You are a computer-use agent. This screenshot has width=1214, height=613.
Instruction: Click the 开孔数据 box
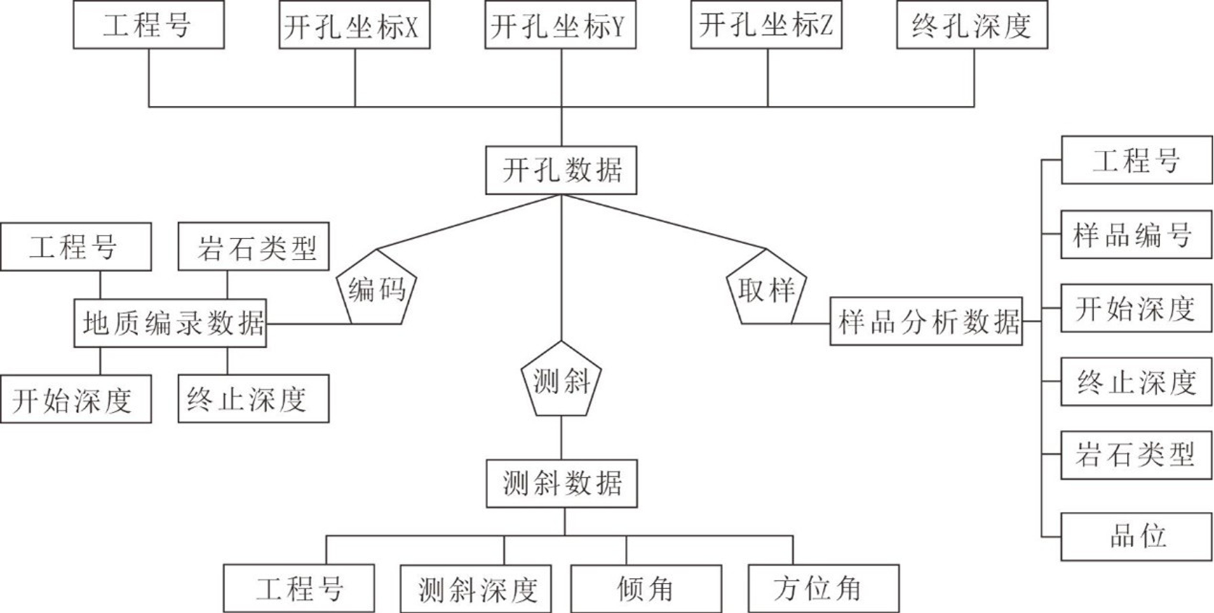(561, 170)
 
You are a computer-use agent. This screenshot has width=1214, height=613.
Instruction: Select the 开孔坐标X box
(354, 25)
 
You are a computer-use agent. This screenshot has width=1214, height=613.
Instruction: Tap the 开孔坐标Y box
(560, 25)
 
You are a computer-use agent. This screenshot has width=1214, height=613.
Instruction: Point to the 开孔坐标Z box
(766, 25)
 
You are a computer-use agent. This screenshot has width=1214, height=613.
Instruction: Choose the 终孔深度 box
(972, 25)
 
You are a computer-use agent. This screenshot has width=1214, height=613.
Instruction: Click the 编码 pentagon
(377, 289)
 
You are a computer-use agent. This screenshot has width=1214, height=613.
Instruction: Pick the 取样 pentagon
(766, 289)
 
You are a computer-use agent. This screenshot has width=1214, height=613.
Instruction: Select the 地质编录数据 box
(170, 323)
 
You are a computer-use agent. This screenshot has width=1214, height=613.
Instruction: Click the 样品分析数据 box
(926, 321)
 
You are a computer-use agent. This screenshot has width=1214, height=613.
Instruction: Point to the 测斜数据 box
(562, 483)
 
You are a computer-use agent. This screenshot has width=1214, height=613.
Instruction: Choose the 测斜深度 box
(476, 589)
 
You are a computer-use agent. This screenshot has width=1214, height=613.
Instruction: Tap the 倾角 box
(646, 589)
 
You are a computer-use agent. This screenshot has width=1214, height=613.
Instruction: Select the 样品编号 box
(1136, 234)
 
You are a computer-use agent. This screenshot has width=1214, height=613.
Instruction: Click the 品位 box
(1136, 537)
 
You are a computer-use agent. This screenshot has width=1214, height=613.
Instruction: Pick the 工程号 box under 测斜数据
(299, 588)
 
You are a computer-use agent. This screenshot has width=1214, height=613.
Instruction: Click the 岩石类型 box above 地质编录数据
(253, 247)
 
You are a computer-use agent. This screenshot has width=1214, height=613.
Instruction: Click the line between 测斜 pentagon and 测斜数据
(561, 438)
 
